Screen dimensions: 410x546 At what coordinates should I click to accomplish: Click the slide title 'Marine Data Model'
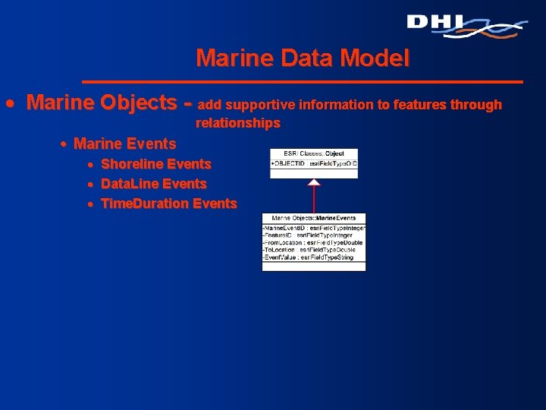[x=303, y=57]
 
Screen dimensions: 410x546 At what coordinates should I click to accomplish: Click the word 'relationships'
[x=238, y=123]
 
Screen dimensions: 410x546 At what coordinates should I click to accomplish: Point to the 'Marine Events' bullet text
[x=124, y=143]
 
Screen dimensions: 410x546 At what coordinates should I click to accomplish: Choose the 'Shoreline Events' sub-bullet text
[x=156, y=164]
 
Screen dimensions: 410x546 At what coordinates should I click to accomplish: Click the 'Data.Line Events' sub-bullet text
[x=154, y=184]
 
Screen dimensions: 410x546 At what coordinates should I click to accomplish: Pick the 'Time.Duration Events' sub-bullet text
[x=168, y=203]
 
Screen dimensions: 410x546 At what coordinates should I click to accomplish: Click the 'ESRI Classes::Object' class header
[x=314, y=153]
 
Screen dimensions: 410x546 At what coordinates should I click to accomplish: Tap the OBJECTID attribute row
[x=314, y=163]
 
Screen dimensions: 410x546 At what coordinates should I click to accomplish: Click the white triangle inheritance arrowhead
[x=314, y=182]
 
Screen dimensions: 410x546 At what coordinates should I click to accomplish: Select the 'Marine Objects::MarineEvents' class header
[x=314, y=219]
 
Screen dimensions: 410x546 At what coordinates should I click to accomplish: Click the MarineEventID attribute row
[x=314, y=228]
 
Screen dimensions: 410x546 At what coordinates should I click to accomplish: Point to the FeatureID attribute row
[x=314, y=235]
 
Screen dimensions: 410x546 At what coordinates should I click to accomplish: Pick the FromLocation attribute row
[x=314, y=243]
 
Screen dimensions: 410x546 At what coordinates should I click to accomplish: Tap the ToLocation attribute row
[x=314, y=250]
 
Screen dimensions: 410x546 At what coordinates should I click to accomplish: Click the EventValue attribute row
[x=314, y=257]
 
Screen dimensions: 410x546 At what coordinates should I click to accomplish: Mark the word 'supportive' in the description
[x=260, y=105]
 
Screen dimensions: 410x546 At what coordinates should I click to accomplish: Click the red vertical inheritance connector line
[x=314, y=199]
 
